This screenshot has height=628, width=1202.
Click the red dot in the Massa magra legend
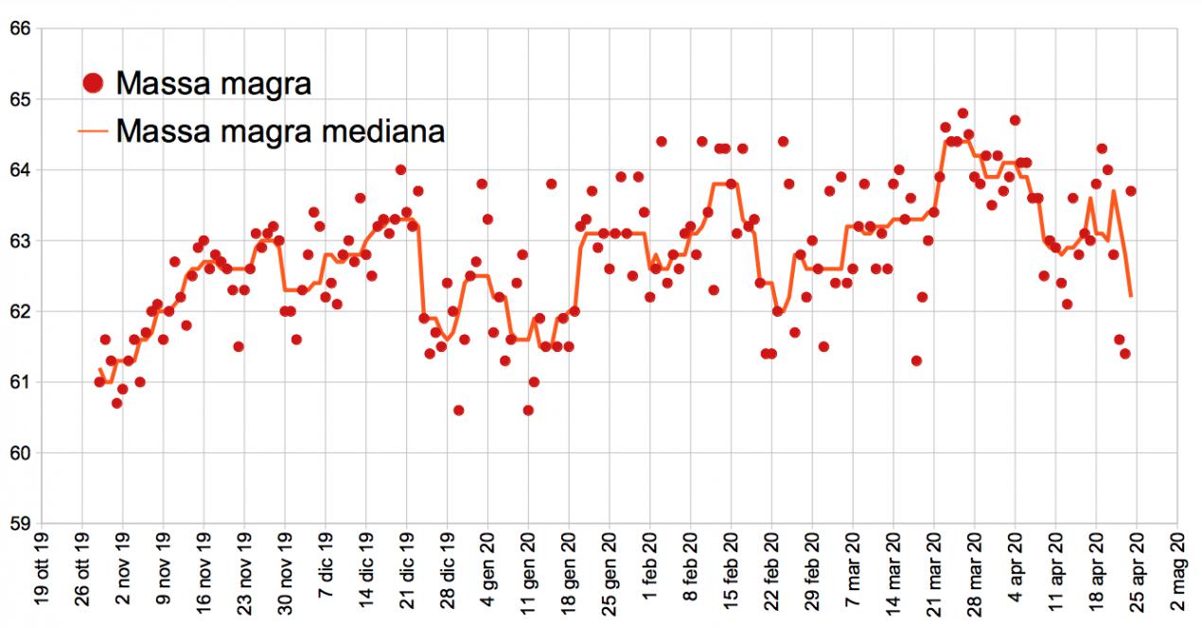(93, 84)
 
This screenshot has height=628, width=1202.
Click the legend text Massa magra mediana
(280, 131)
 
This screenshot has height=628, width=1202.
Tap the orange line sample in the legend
(93, 131)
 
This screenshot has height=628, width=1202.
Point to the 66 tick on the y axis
(20, 29)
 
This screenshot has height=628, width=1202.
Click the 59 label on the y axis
(20, 523)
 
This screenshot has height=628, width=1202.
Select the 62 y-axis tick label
(20, 311)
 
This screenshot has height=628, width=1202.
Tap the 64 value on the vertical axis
(20, 170)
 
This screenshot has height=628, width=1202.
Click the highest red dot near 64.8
(963, 113)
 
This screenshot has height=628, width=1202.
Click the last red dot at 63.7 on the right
(1130, 191)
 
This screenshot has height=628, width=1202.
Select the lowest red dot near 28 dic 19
(458, 410)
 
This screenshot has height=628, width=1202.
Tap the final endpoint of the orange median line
(1131, 297)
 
